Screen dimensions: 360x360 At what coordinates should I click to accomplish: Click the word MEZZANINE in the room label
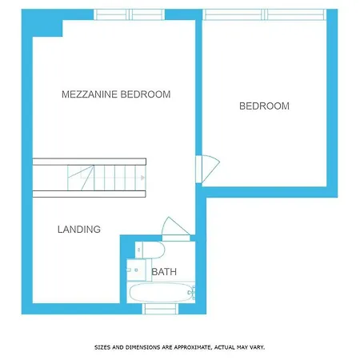(90, 94)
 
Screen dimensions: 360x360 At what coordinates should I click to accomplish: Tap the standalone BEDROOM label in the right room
(264, 106)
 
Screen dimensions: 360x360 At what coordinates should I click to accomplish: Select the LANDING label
(79, 230)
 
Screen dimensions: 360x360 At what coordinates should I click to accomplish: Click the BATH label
(164, 272)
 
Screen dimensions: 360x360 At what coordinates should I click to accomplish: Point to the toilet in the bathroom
(150, 250)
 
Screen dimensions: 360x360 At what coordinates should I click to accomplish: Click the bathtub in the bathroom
(161, 292)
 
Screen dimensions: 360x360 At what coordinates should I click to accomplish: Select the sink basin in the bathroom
(136, 270)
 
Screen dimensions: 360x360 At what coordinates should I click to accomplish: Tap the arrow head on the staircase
(143, 178)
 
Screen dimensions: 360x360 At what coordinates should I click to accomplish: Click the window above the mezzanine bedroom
(129, 14)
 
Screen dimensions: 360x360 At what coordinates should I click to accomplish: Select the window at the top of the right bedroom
(264, 14)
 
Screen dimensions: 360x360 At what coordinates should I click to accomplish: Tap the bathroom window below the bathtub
(160, 309)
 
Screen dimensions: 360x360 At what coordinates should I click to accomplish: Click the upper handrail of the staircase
(90, 162)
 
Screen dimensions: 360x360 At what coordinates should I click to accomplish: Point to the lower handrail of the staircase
(90, 194)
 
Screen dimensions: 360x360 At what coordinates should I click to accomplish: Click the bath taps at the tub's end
(192, 292)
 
